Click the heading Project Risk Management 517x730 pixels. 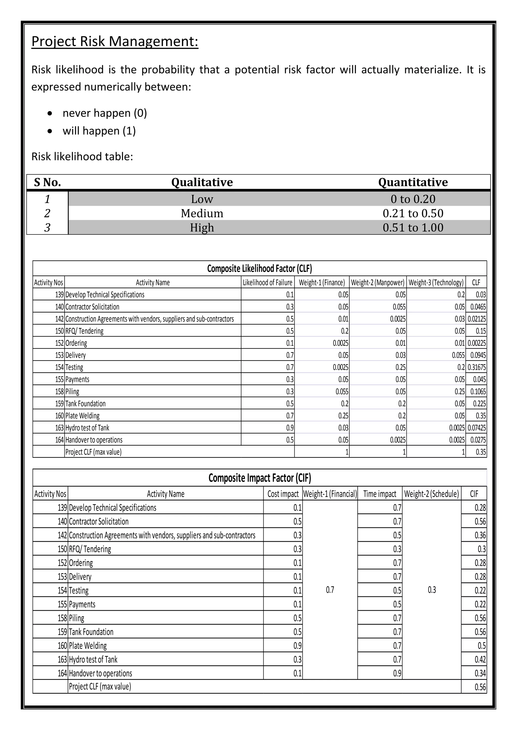coord(115,41)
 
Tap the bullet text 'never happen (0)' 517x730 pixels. coord(105,113)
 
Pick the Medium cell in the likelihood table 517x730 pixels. coord(202,213)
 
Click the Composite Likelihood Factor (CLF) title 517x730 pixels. coord(260,269)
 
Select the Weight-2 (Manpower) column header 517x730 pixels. coord(378,282)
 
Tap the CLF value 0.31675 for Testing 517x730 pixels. coord(477,367)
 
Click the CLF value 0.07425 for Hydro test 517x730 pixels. coord(477,428)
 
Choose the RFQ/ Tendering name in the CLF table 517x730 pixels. coord(84,331)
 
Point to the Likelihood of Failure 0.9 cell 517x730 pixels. coord(290,428)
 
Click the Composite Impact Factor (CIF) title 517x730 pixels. coord(260,478)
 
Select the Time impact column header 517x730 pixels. coord(379,494)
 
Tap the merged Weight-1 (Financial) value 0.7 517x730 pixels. coord(330,590)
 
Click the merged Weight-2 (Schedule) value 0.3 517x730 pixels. coord(431,590)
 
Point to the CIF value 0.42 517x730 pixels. coord(480,659)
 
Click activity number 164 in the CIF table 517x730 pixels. coord(62,673)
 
